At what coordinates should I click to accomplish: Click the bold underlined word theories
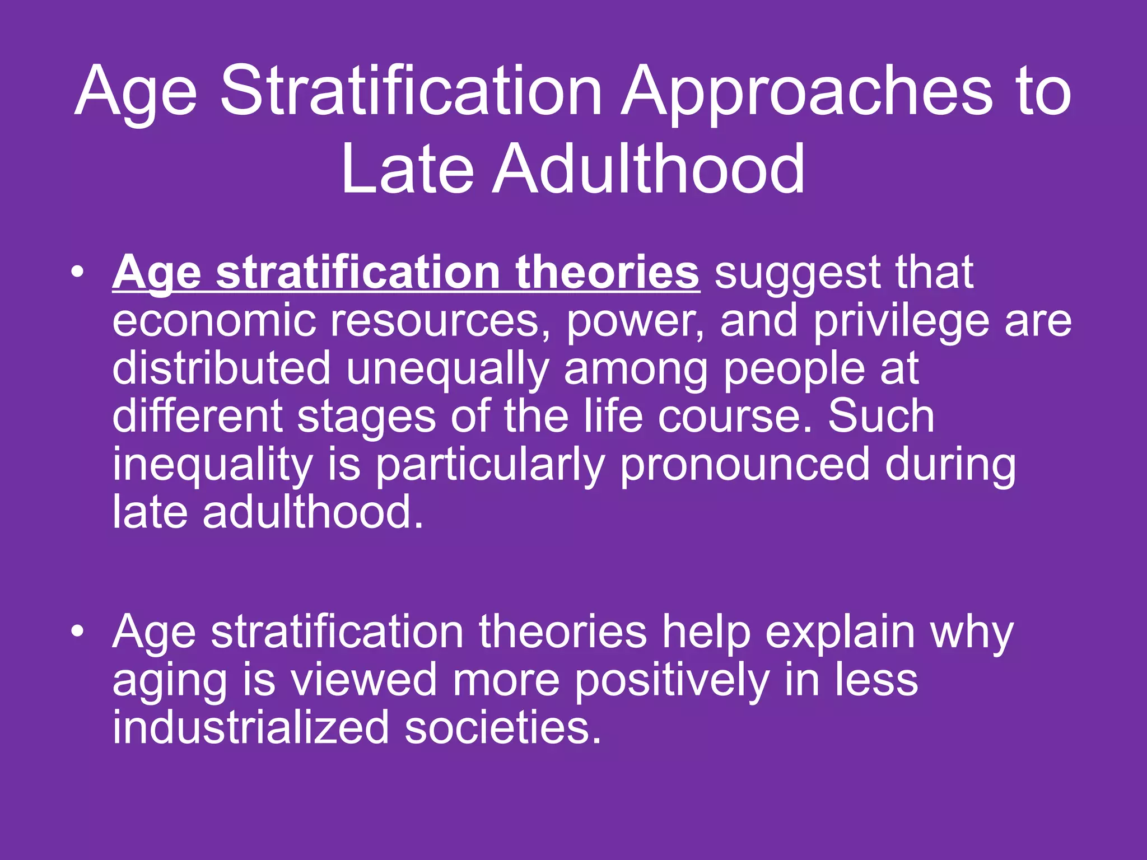pyautogui.click(x=607, y=272)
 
